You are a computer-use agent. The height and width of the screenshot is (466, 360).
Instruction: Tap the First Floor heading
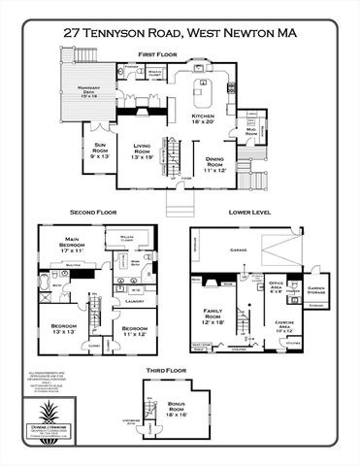coord(159,54)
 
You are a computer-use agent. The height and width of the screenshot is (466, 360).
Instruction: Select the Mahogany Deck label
coord(96,91)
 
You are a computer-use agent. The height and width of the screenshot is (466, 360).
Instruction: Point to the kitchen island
coord(204,97)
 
